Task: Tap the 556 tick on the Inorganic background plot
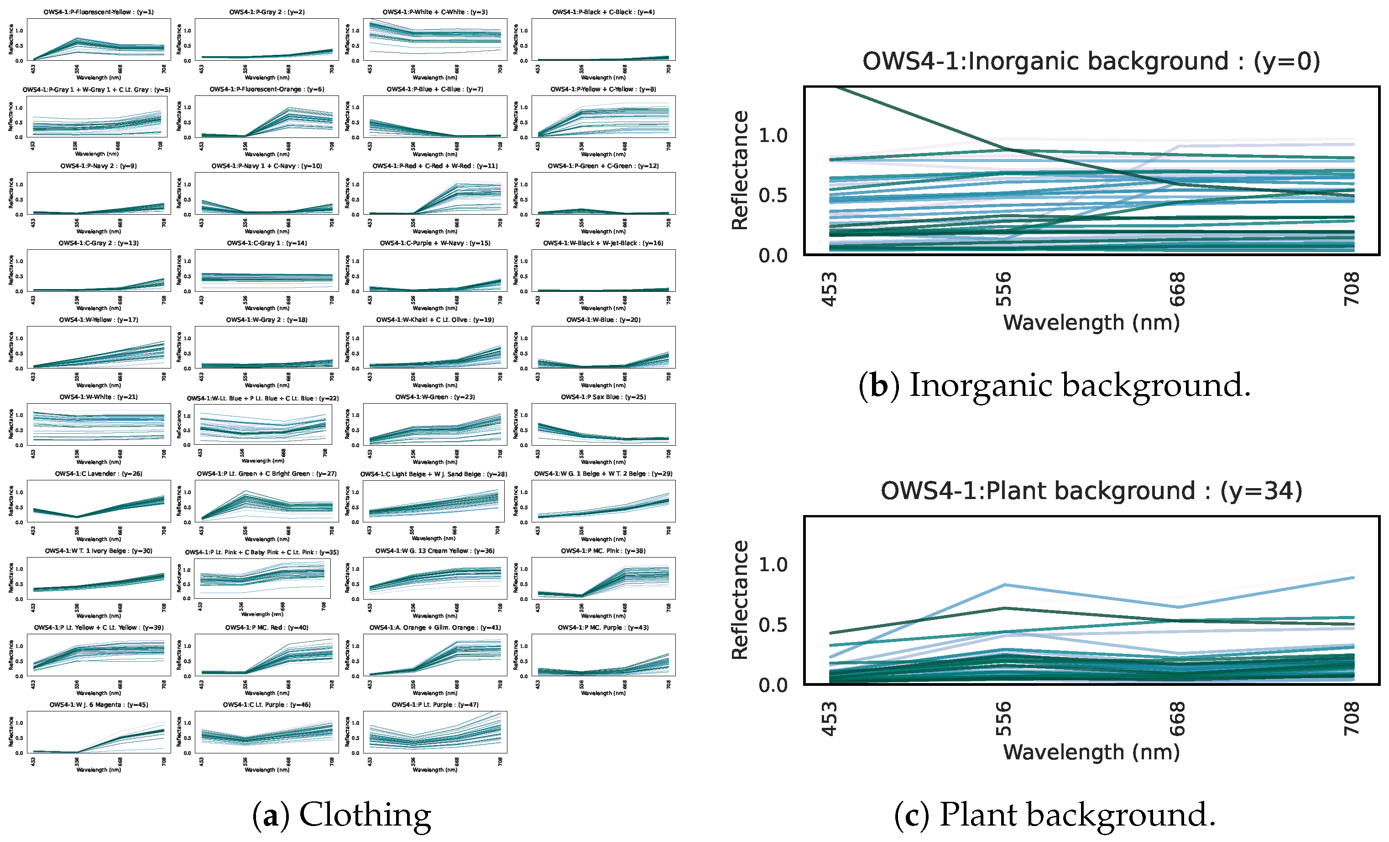coord(1003,289)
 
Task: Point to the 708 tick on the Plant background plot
coord(1352,719)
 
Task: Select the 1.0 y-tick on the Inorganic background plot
coord(773,135)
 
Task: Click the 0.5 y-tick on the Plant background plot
coord(773,625)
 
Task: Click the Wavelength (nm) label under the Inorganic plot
coord(1091,322)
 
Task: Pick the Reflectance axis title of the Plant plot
coord(740,600)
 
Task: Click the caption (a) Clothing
coord(342,815)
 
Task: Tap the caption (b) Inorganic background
coord(1054,385)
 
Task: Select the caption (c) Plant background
coord(1054,815)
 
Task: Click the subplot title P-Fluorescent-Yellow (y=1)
coord(99,12)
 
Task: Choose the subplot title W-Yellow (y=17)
coord(99,320)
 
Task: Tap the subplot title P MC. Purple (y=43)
coord(603,628)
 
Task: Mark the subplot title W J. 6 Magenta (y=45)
coord(99,705)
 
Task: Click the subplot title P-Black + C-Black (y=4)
coord(603,12)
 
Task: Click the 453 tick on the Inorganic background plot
coord(829,289)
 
